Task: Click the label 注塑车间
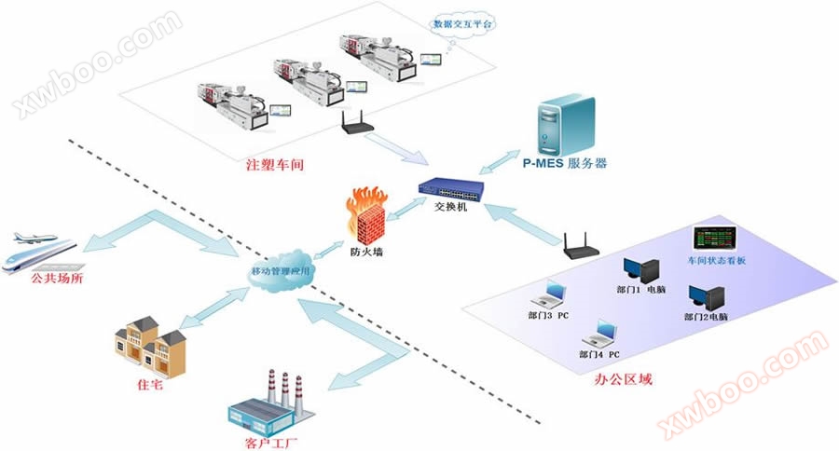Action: tap(277, 165)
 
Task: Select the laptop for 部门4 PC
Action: tap(598, 334)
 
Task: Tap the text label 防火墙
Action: tap(363, 251)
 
